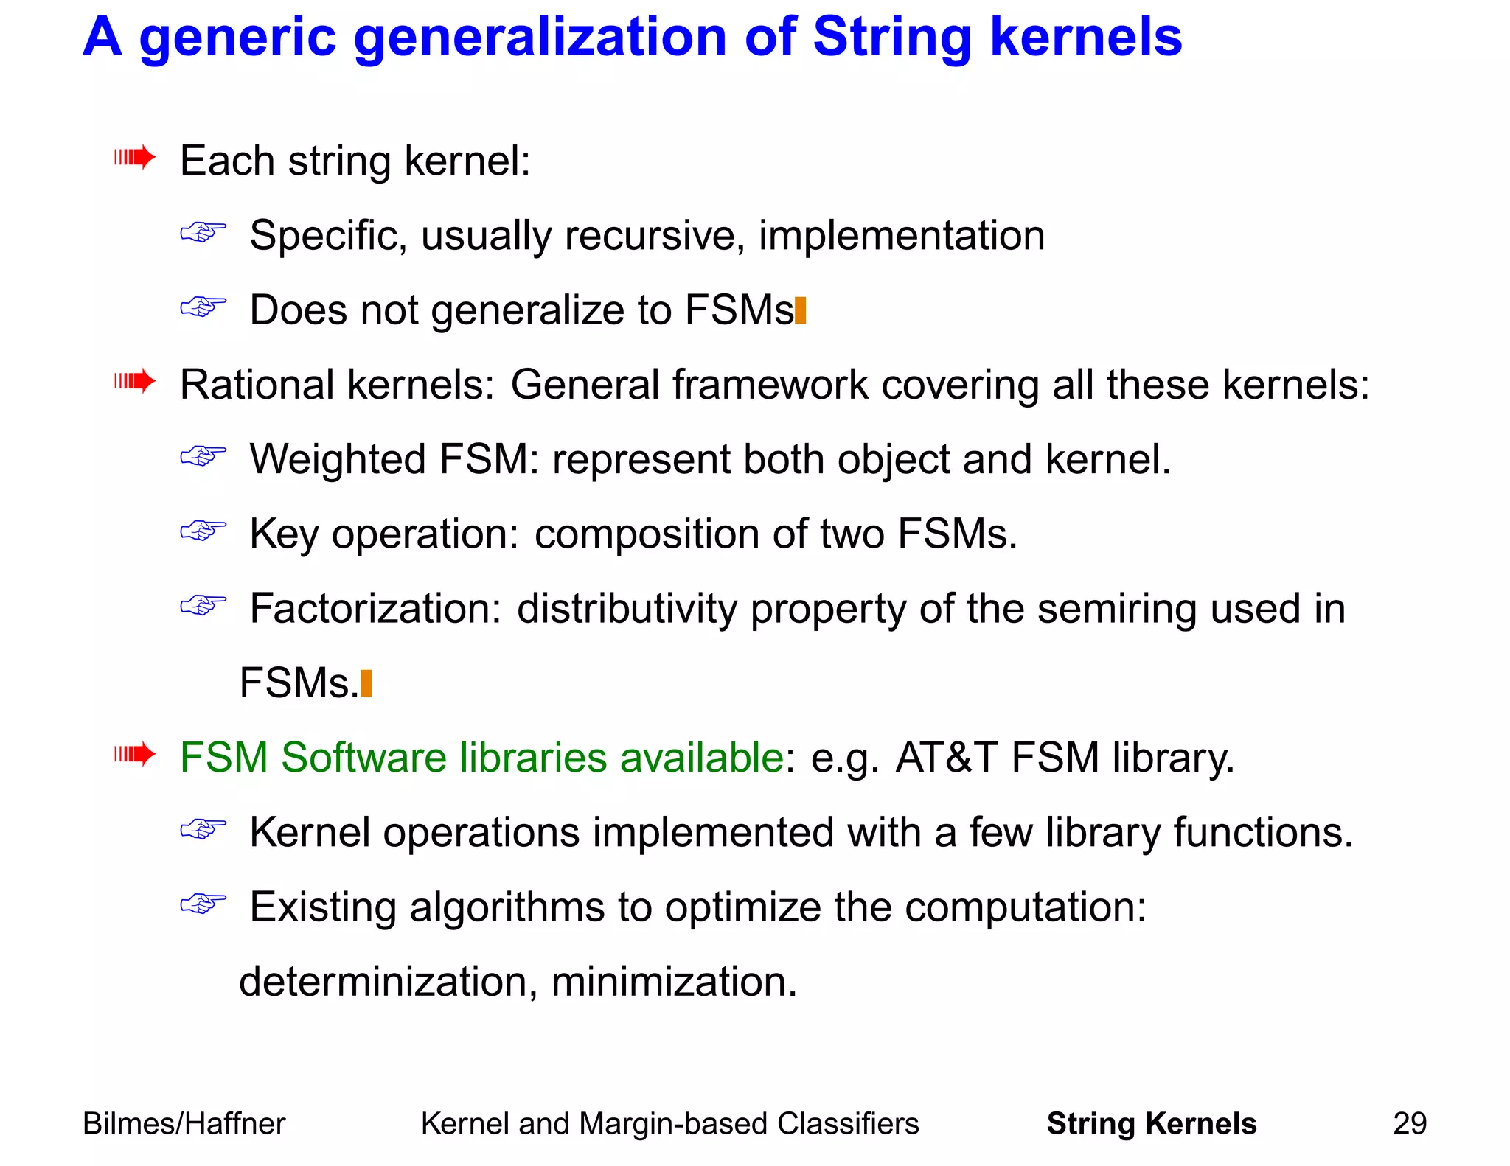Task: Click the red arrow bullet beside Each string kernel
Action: (135, 157)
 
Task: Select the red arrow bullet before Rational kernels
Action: (135, 381)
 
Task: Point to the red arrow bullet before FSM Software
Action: (135, 754)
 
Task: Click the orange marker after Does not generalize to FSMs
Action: (801, 310)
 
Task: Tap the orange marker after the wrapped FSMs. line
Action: (366, 683)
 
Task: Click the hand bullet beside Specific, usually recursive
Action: (203, 232)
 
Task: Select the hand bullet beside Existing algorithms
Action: (203, 903)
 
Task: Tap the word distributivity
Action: (627, 609)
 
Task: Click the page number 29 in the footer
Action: (1410, 1123)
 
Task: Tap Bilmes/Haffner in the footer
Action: (184, 1123)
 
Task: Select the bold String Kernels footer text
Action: (1151, 1123)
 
